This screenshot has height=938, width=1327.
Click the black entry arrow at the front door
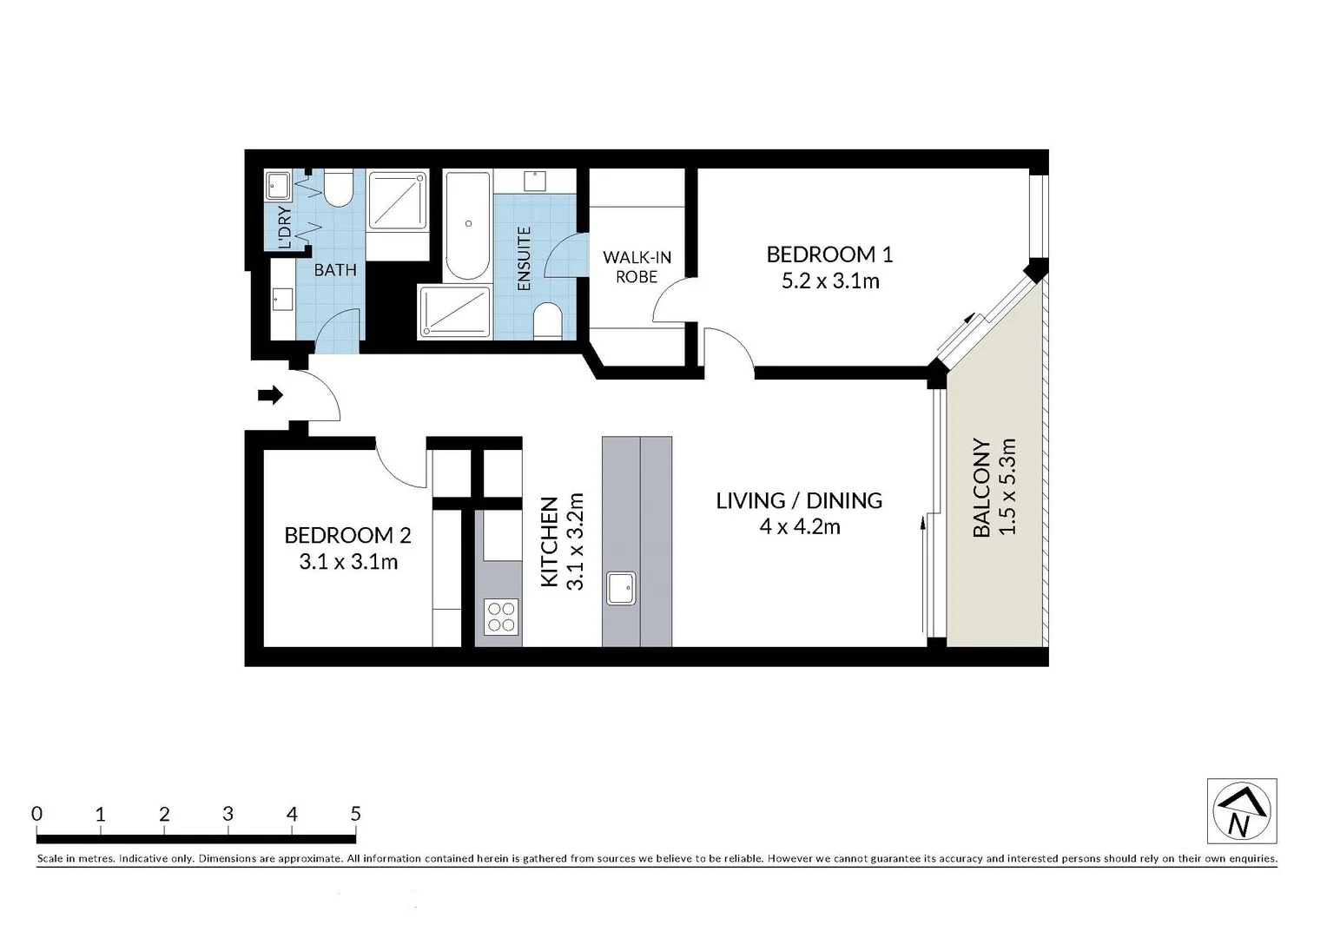coord(271,395)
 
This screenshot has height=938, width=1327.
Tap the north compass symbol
coord(1241,811)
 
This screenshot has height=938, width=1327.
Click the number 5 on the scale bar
coord(355,814)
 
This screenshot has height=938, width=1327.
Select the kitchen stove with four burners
coord(501,617)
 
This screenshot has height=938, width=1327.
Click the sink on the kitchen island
coord(621,588)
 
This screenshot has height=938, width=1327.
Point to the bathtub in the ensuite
coord(468,225)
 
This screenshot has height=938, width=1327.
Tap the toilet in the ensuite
coord(546,320)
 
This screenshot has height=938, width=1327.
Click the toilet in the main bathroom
coord(338,188)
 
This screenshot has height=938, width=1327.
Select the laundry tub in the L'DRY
coord(278,184)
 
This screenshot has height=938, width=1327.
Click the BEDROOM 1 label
coord(829,254)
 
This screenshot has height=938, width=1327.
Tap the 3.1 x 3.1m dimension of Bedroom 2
coord(348,562)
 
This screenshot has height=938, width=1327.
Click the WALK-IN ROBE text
coord(637,267)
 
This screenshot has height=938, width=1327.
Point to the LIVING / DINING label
coord(799,500)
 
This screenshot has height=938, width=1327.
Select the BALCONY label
coord(981,487)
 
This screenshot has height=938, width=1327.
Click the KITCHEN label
coord(549,542)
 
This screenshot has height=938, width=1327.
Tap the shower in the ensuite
coord(454,311)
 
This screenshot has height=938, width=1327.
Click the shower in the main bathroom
coord(398,201)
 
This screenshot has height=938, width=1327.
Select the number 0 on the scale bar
coord(36,814)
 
